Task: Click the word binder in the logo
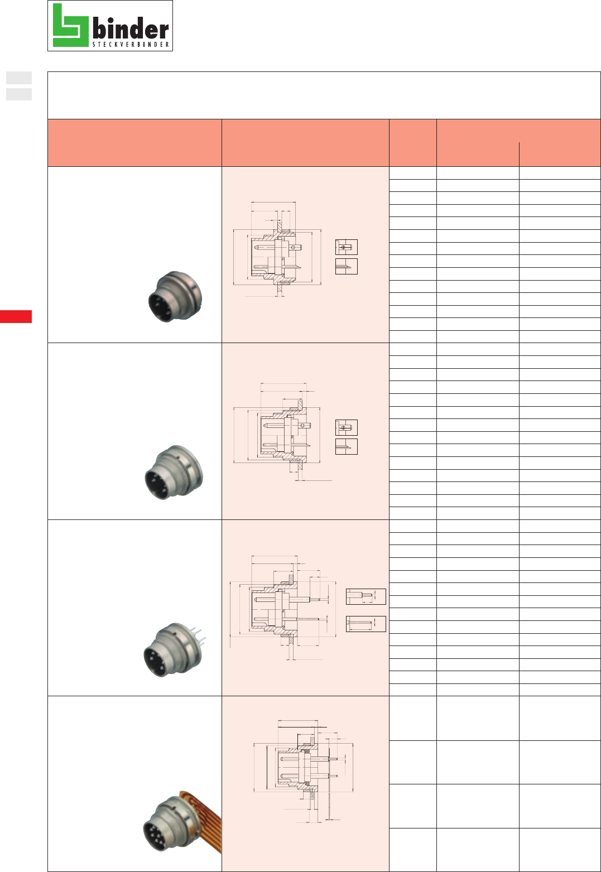131,29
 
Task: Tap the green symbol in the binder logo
70,25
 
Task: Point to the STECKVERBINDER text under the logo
131,45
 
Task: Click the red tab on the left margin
16,316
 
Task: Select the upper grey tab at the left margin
19,78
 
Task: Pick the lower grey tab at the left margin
19,94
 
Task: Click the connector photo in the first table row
175,297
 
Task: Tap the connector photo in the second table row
174,472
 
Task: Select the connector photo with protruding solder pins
175,650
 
